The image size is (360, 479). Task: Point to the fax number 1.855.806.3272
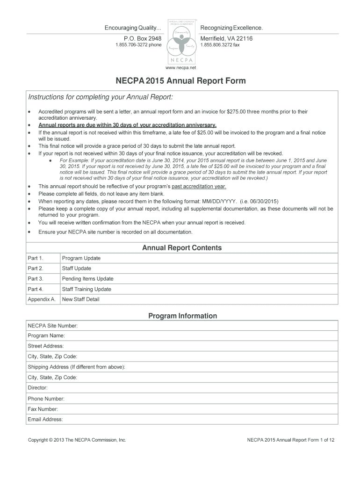[x=220, y=45]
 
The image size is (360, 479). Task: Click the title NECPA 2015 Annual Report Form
[x=180, y=81]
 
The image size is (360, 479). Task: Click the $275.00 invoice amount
[x=237, y=112]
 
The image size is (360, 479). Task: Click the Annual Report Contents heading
[x=182, y=248]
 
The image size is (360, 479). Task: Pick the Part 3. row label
[x=36, y=279]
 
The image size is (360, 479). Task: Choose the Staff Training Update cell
[x=86, y=289]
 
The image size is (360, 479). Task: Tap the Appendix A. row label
[x=42, y=299]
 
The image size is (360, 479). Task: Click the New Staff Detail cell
[x=80, y=299]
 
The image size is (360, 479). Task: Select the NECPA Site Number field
[x=206, y=326]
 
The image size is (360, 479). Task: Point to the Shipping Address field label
[x=76, y=367]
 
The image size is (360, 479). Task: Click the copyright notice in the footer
[x=77, y=440]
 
